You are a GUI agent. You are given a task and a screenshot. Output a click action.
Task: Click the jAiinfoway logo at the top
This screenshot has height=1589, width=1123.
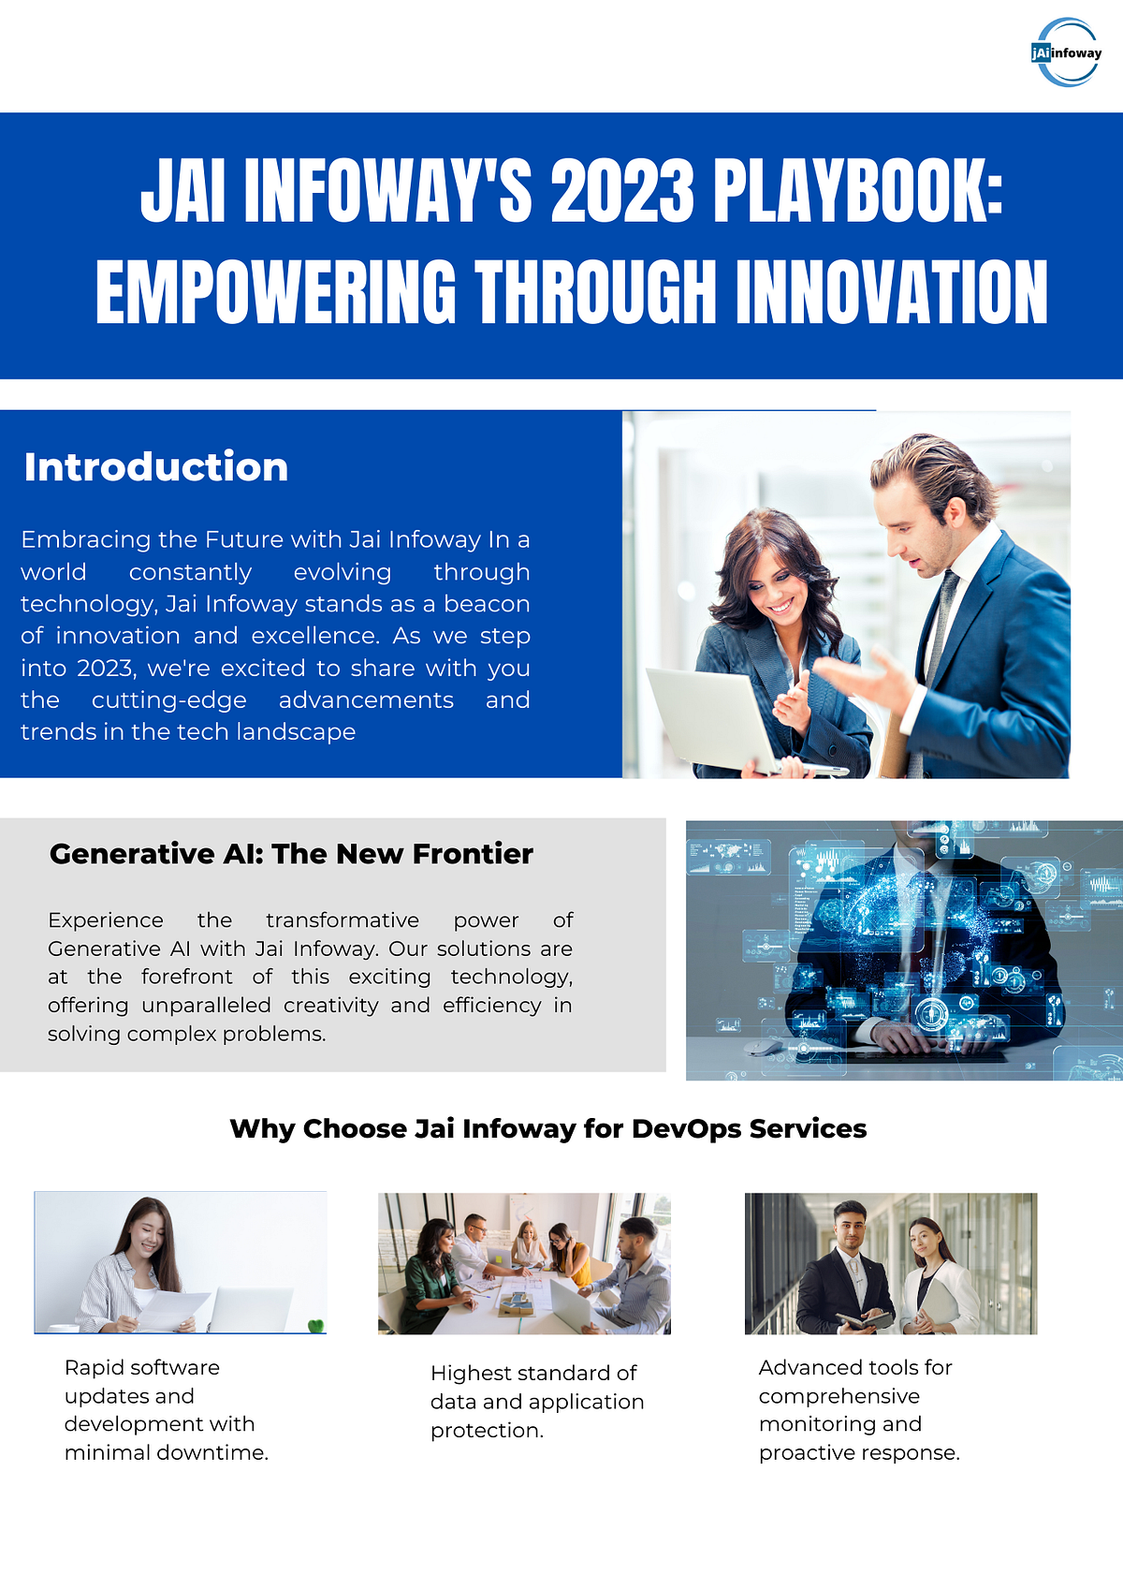tap(1067, 52)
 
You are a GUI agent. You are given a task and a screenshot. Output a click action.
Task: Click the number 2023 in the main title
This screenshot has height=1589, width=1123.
tap(621, 191)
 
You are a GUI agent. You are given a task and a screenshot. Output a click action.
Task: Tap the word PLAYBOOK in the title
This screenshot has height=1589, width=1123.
tap(855, 191)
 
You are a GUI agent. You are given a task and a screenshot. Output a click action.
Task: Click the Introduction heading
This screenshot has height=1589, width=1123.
tap(156, 467)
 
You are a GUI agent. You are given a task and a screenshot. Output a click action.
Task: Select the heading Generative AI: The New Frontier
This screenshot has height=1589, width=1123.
tap(291, 854)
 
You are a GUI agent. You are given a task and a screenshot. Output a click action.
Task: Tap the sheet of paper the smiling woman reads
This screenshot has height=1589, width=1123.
tap(173, 1309)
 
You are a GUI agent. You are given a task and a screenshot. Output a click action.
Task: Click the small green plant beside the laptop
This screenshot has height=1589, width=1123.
tap(316, 1325)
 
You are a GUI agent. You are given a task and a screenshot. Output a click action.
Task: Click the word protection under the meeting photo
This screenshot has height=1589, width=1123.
tap(486, 1431)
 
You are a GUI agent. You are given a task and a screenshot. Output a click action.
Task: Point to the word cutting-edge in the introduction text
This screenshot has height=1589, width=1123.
tap(169, 700)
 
